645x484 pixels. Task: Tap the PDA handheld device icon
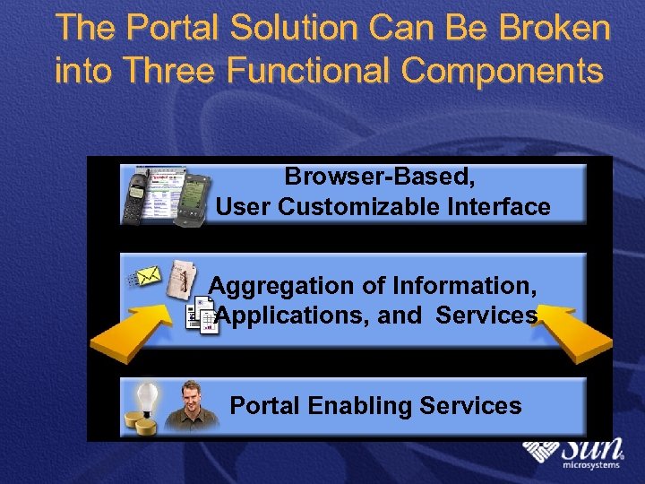pos(195,196)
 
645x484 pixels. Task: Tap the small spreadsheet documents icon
pos(202,318)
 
